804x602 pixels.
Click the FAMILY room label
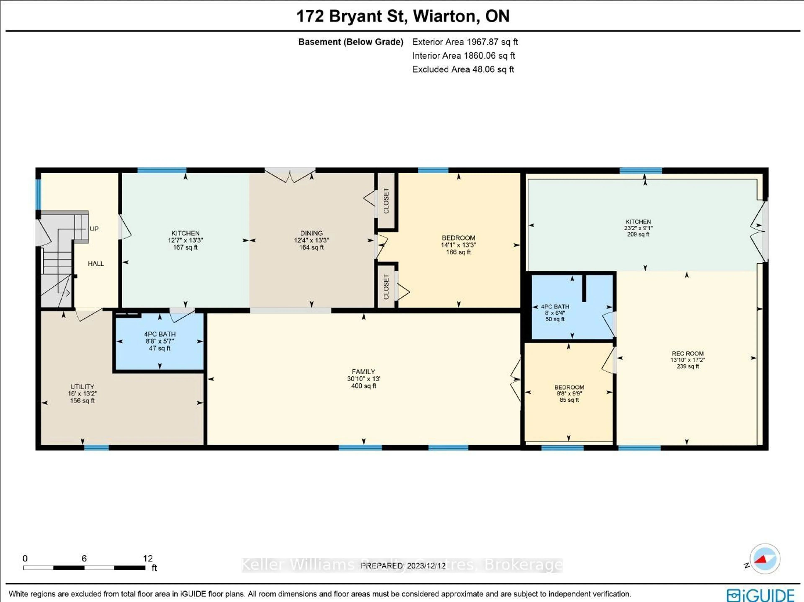363,371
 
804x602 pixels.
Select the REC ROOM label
687,353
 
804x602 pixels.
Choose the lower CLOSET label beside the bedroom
386,287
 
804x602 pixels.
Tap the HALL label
96,264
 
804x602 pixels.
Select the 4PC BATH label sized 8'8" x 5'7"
160,334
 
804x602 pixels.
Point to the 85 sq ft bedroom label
569,387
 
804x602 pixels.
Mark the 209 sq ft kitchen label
638,222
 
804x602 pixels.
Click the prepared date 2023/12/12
426,566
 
